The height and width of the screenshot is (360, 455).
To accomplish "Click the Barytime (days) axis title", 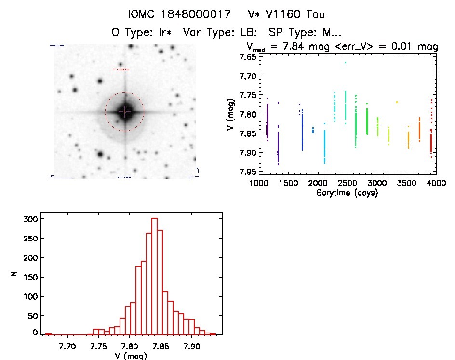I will (x=347, y=193).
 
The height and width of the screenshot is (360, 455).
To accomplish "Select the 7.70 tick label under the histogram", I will (x=67, y=346).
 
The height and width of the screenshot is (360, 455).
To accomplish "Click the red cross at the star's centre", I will (x=124, y=111).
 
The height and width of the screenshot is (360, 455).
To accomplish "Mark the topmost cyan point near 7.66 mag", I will (x=346, y=62).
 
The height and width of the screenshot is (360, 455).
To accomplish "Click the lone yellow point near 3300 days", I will (x=397, y=102).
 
